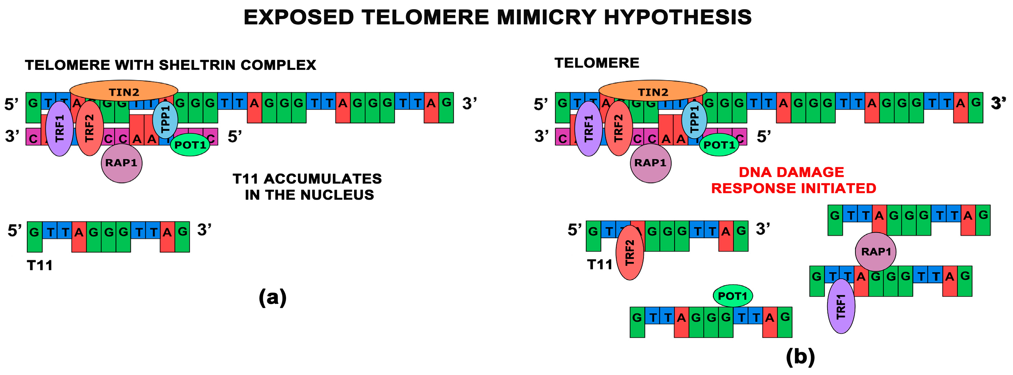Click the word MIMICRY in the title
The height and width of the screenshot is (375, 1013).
click(546, 17)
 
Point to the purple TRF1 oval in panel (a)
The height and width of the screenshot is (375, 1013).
click(59, 128)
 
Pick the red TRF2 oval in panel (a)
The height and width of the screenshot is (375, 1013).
click(90, 128)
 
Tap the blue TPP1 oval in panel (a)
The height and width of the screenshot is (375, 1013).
click(165, 120)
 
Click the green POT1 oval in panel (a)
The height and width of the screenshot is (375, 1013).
click(190, 145)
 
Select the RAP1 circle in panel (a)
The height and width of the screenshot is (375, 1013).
click(121, 163)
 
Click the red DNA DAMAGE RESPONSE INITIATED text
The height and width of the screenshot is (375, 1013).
click(793, 180)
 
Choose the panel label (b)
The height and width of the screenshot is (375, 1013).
click(800, 357)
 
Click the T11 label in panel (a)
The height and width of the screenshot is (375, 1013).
click(39, 266)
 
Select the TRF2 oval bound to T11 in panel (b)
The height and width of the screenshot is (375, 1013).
click(629, 252)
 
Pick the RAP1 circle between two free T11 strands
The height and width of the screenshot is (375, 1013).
click(875, 252)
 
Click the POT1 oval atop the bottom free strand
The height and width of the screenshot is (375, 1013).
click(733, 296)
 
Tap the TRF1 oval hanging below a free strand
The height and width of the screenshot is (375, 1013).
click(841, 306)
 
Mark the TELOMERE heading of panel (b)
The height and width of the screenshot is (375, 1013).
click(597, 63)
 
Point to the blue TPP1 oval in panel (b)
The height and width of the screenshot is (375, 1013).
click(694, 120)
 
